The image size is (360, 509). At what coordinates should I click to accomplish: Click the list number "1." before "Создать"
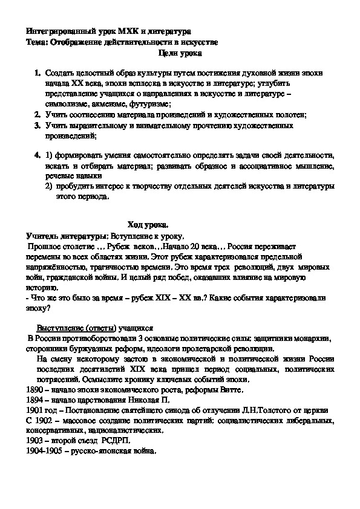click(38, 73)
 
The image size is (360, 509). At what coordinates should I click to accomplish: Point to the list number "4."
click(38, 156)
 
